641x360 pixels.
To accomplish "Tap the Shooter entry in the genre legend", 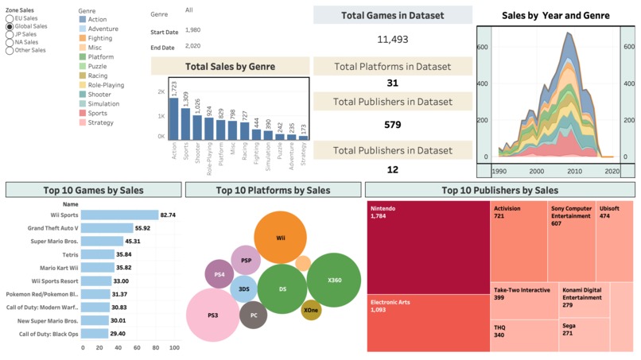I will (83, 95).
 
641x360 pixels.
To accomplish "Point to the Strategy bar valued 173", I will (303, 137).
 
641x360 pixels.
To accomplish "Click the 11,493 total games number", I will (392, 39).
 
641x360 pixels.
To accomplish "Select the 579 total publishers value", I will (392, 125).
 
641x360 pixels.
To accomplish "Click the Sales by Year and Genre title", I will (556, 15).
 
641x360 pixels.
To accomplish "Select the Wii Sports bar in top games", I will (120, 215).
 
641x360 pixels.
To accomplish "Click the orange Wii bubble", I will (281, 238).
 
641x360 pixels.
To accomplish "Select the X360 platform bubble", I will (334, 280).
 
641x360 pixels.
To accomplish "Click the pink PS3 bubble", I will (213, 315).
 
